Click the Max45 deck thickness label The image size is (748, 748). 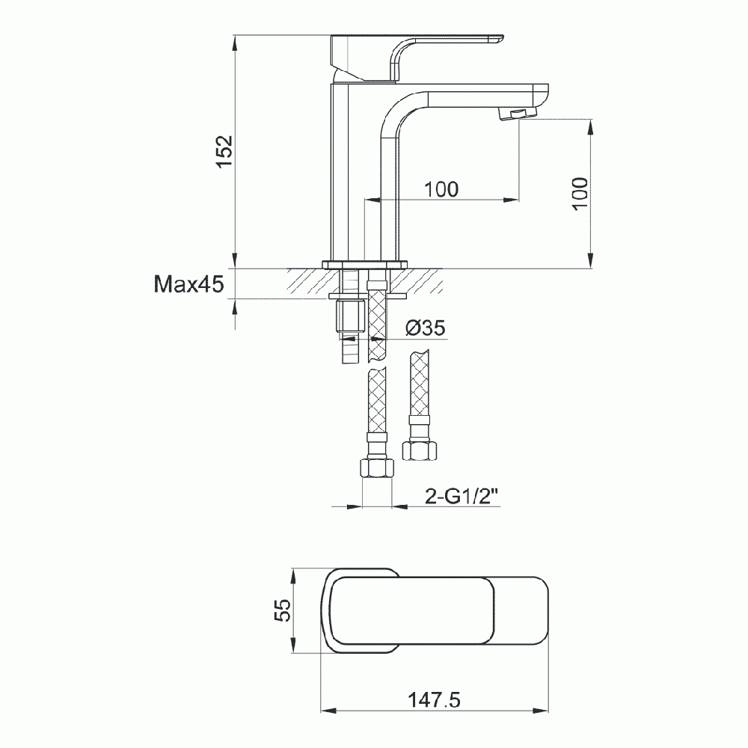(188, 284)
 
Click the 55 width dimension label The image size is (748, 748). (281, 611)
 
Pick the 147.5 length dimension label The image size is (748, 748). (434, 699)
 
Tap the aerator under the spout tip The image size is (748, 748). (516, 113)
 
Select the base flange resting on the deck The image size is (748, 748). (364, 264)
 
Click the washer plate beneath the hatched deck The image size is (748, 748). (367, 296)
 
